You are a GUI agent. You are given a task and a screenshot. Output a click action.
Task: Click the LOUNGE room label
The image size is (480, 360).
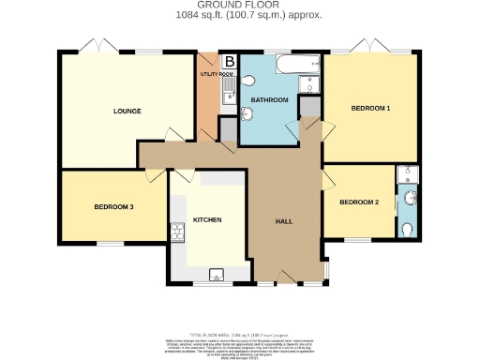tap(127, 112)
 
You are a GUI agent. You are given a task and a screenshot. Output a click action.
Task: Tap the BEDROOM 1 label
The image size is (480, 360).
tap(370, 109)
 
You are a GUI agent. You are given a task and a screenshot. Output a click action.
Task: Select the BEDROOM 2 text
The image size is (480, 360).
tap(359, 202)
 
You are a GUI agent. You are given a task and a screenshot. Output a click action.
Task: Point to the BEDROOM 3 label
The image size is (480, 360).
tap(113, 207)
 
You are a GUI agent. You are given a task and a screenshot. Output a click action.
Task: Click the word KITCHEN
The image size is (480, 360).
tap(207, 220)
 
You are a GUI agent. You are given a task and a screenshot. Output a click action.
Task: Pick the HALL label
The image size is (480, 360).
tap(285, 221)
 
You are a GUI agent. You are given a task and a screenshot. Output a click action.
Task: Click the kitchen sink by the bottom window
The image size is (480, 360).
tap(217, 274)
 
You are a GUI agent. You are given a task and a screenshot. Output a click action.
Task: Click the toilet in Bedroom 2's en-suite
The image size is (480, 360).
tap(407, 229)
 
